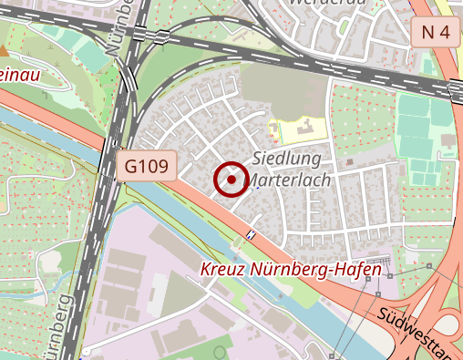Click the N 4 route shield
coord(437,34)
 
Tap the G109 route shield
coord(147,166)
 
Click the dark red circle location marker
coord(231,180)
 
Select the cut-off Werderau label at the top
coord(320,5)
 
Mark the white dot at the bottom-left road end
coord(86,351)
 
